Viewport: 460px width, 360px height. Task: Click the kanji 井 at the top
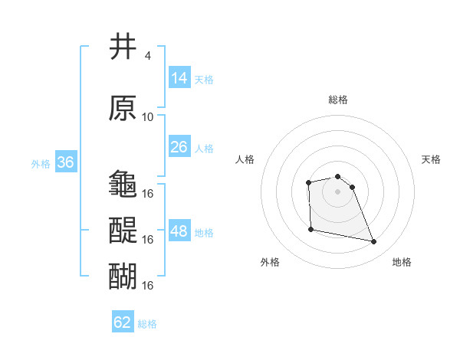point(123,47)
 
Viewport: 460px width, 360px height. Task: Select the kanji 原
point(123,108)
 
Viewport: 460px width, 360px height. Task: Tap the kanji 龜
point(123,184)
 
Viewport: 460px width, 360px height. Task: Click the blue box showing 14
point(179,78)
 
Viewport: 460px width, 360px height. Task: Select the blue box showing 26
point(179,147)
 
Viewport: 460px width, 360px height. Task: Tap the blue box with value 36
point(65,162)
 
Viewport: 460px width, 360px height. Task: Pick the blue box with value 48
point(179,231)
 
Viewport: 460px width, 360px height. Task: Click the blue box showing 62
point(123,322)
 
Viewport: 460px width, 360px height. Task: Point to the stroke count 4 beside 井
point(147,56)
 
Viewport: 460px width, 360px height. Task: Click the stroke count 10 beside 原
point(148,117)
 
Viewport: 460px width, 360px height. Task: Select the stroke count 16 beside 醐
point(148,285)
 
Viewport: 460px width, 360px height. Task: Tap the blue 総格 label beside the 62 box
point(147,324)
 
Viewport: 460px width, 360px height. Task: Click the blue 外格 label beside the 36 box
point(40,163)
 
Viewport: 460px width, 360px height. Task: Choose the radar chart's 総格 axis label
point(337,100)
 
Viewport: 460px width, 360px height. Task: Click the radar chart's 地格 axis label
point(402,262)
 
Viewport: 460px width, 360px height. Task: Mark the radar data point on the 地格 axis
point(374,242)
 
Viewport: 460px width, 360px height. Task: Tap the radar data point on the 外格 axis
point(310,229)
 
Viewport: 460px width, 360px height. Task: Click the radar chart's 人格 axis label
point(245,159)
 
